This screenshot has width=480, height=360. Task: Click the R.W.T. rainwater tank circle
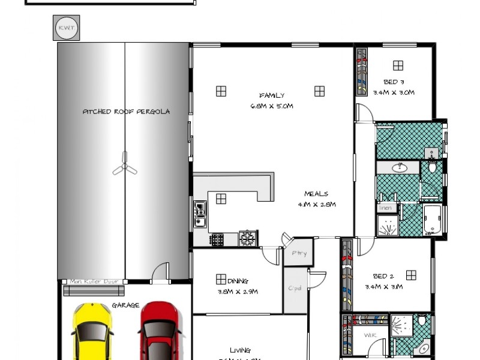click(65, 28)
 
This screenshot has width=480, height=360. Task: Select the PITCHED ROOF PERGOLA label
click(126, 112)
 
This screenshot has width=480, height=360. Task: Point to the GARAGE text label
click(121, 305)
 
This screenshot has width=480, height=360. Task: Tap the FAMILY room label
click(272, 95)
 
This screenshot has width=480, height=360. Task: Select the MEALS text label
click(316, 194)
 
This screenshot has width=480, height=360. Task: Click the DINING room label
click(238, 281)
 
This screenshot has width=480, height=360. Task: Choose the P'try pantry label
click(299, 253)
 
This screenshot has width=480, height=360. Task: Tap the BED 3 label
click(394, 82)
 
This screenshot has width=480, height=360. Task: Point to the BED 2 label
click(383, 277)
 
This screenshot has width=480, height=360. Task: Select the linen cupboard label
click(385, 208)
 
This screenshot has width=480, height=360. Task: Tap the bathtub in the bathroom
click(433, 220)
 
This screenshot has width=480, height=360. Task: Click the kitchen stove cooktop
click(247, 238)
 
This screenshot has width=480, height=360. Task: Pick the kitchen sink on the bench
click(200, 214)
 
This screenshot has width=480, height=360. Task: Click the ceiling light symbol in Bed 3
click(398, 65)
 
